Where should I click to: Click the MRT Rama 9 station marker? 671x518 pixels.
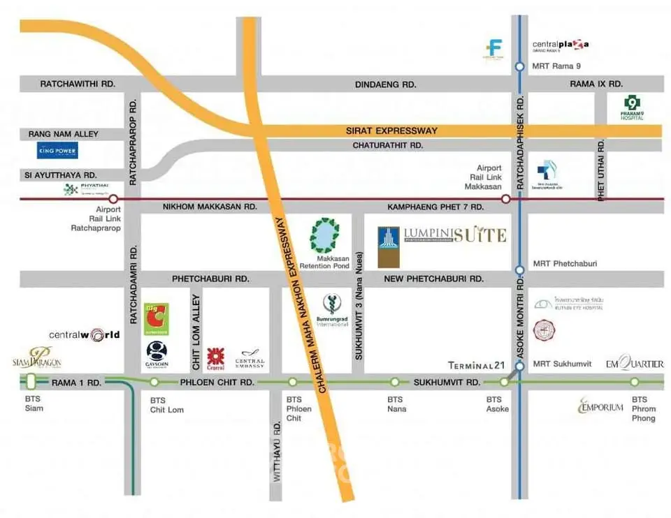519,67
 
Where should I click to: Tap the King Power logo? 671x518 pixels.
57,150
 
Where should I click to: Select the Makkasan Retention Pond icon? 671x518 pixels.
325,235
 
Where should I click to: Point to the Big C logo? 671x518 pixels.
157,319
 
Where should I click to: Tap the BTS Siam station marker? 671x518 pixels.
31,381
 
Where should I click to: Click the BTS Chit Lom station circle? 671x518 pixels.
154,382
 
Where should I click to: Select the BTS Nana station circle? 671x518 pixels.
395,382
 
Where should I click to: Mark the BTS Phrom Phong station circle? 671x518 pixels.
635,382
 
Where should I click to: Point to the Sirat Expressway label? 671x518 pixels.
391,131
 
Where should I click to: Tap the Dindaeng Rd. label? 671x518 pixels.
385,84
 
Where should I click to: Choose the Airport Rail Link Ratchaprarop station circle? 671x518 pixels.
113,199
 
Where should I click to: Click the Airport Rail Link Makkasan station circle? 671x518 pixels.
505,199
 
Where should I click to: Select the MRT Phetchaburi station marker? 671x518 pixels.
519,269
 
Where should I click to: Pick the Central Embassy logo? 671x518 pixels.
250,359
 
